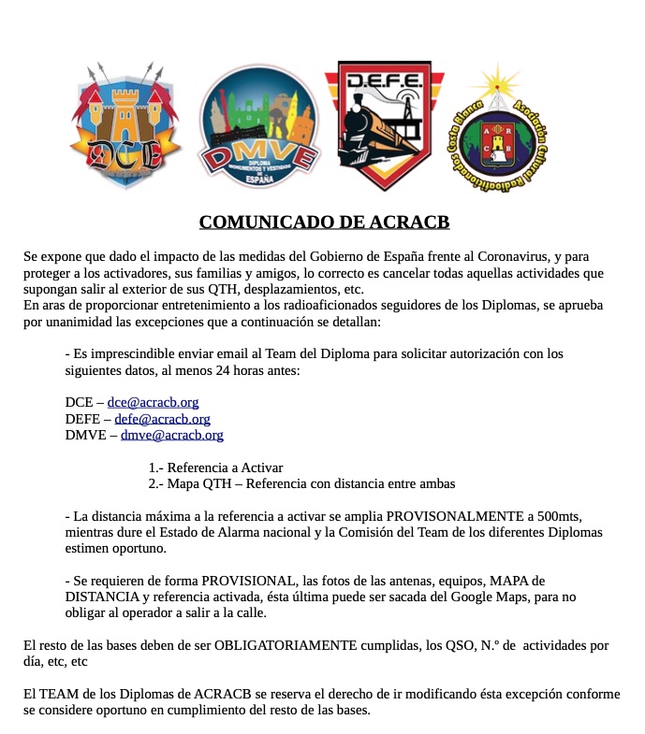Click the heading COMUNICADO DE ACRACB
pyautogui.click(x=324, y=222)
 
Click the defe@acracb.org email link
pyautogui.click(x=162, y=419)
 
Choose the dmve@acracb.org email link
pyautogui.click(x=171, y=435)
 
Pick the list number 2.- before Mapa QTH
pyautogui.click(x=156, y=483)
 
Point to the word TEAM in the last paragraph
pyautogui.click(x=53, y=694)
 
